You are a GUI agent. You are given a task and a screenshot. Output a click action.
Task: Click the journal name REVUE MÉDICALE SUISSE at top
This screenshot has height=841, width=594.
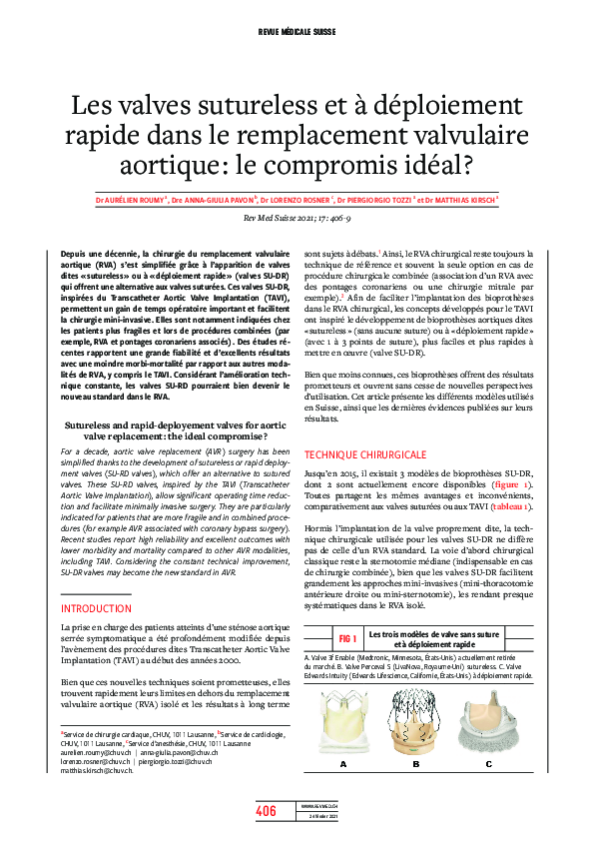point(297,33)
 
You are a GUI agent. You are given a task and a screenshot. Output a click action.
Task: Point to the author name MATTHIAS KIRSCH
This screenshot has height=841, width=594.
point(468,199)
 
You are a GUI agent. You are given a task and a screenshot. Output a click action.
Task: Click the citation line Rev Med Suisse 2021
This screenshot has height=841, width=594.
point(297,218)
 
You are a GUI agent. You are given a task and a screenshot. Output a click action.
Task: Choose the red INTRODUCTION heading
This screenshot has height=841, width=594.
point(98,607)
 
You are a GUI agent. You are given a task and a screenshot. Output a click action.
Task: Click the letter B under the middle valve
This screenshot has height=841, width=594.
point(416,764)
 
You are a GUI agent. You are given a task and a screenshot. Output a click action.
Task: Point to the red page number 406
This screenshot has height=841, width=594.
point(266,811)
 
